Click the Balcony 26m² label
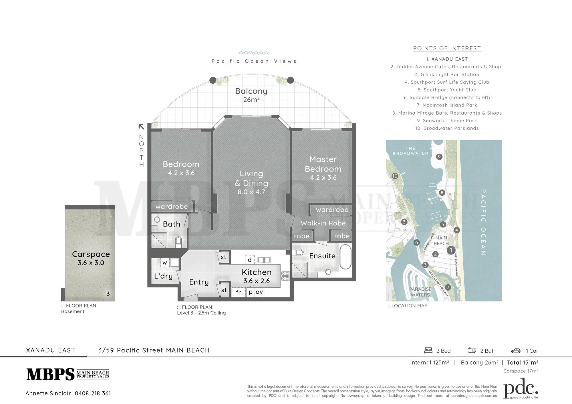pos(251,95)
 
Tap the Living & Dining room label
pos(251,183)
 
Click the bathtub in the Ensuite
pos(345,257)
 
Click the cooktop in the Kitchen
pos(285,276)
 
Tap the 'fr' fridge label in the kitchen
pos(238,292)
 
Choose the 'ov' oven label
pos(259,292)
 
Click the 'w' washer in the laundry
pos(165,263)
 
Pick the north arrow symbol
pos(141,127)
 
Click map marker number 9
pos(439,157)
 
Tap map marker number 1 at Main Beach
pos(451,250)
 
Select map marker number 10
pos(395,176)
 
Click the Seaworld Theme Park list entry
pos(447,121)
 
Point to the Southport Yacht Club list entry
pos(447,90)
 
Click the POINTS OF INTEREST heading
pos(447,48)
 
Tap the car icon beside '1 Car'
pos(516,351)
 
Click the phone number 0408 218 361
pos(93,393)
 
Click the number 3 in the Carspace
pos(108,294)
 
